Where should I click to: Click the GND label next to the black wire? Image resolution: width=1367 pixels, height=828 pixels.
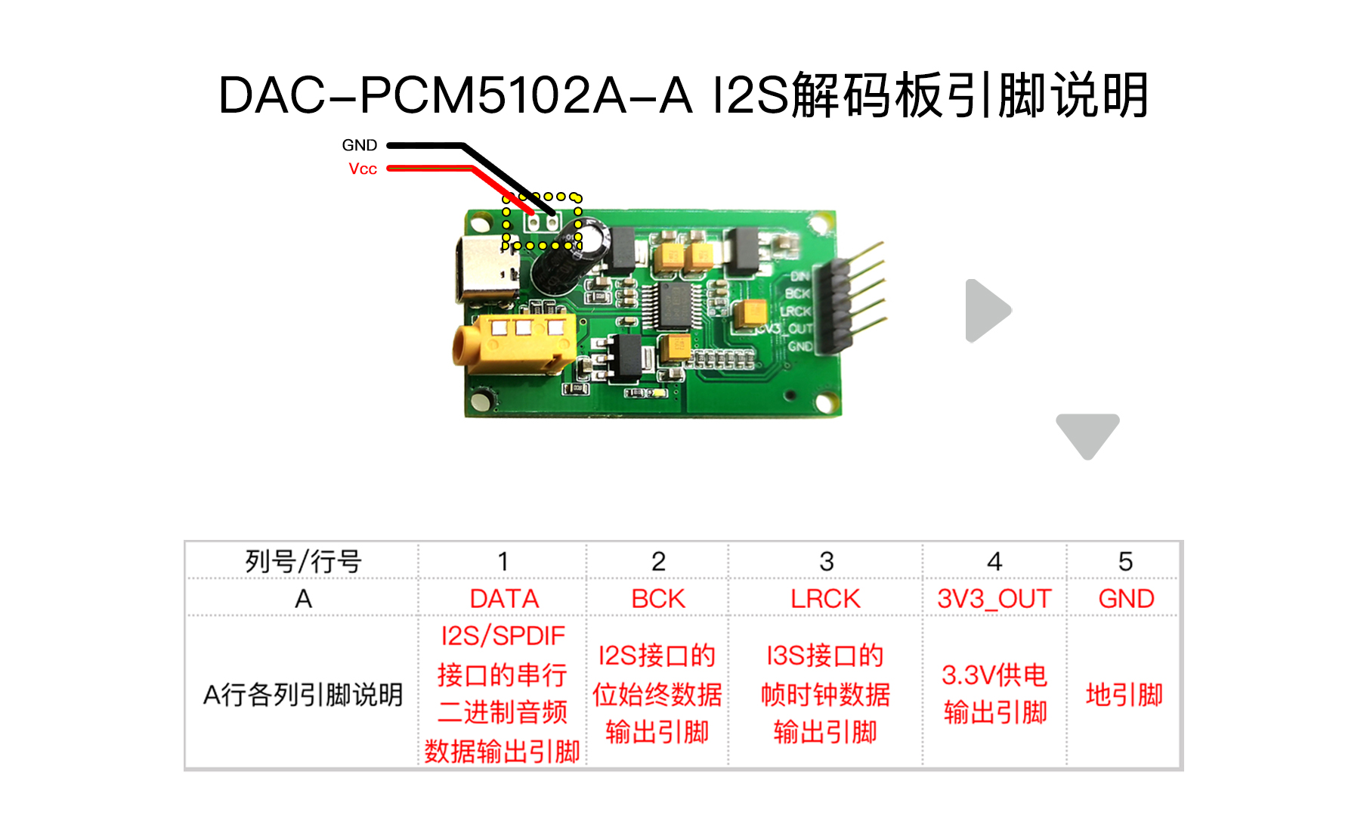[x=359, y=145]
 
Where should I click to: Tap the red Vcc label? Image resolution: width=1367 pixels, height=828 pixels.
[x=363, y=169]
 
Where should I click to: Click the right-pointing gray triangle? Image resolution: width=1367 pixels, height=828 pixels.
[x=987, y=311]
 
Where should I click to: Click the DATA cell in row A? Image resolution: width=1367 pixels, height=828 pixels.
[x=504, y=599]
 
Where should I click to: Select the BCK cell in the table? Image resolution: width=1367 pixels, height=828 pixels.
[x=657, y=599]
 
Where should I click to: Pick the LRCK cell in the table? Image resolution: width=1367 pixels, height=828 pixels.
[x=825, y=599]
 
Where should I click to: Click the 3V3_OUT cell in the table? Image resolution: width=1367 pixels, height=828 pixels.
[x=994, y=599]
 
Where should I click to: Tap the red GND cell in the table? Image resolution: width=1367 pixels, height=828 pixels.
[x=1125, y=599]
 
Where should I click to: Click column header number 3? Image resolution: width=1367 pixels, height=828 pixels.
[x=826, y=561]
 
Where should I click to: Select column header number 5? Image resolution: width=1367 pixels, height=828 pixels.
[x=1125, y=561]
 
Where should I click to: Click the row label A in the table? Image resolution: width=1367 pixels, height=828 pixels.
[x=303, y=599]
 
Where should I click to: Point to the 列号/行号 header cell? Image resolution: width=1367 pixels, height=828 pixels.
[x=303, y=561]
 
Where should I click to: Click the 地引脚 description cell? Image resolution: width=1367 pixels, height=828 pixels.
[x=1124, y=694]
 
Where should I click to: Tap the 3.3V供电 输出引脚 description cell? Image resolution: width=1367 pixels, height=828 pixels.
[x=994, y=693]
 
